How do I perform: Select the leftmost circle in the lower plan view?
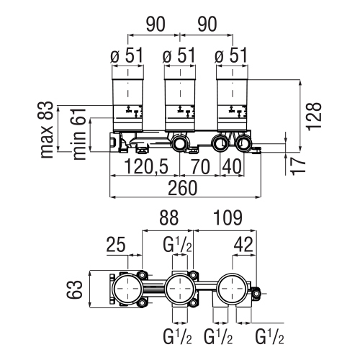click(127, 292)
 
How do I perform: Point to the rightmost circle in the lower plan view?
click(232, 292)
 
